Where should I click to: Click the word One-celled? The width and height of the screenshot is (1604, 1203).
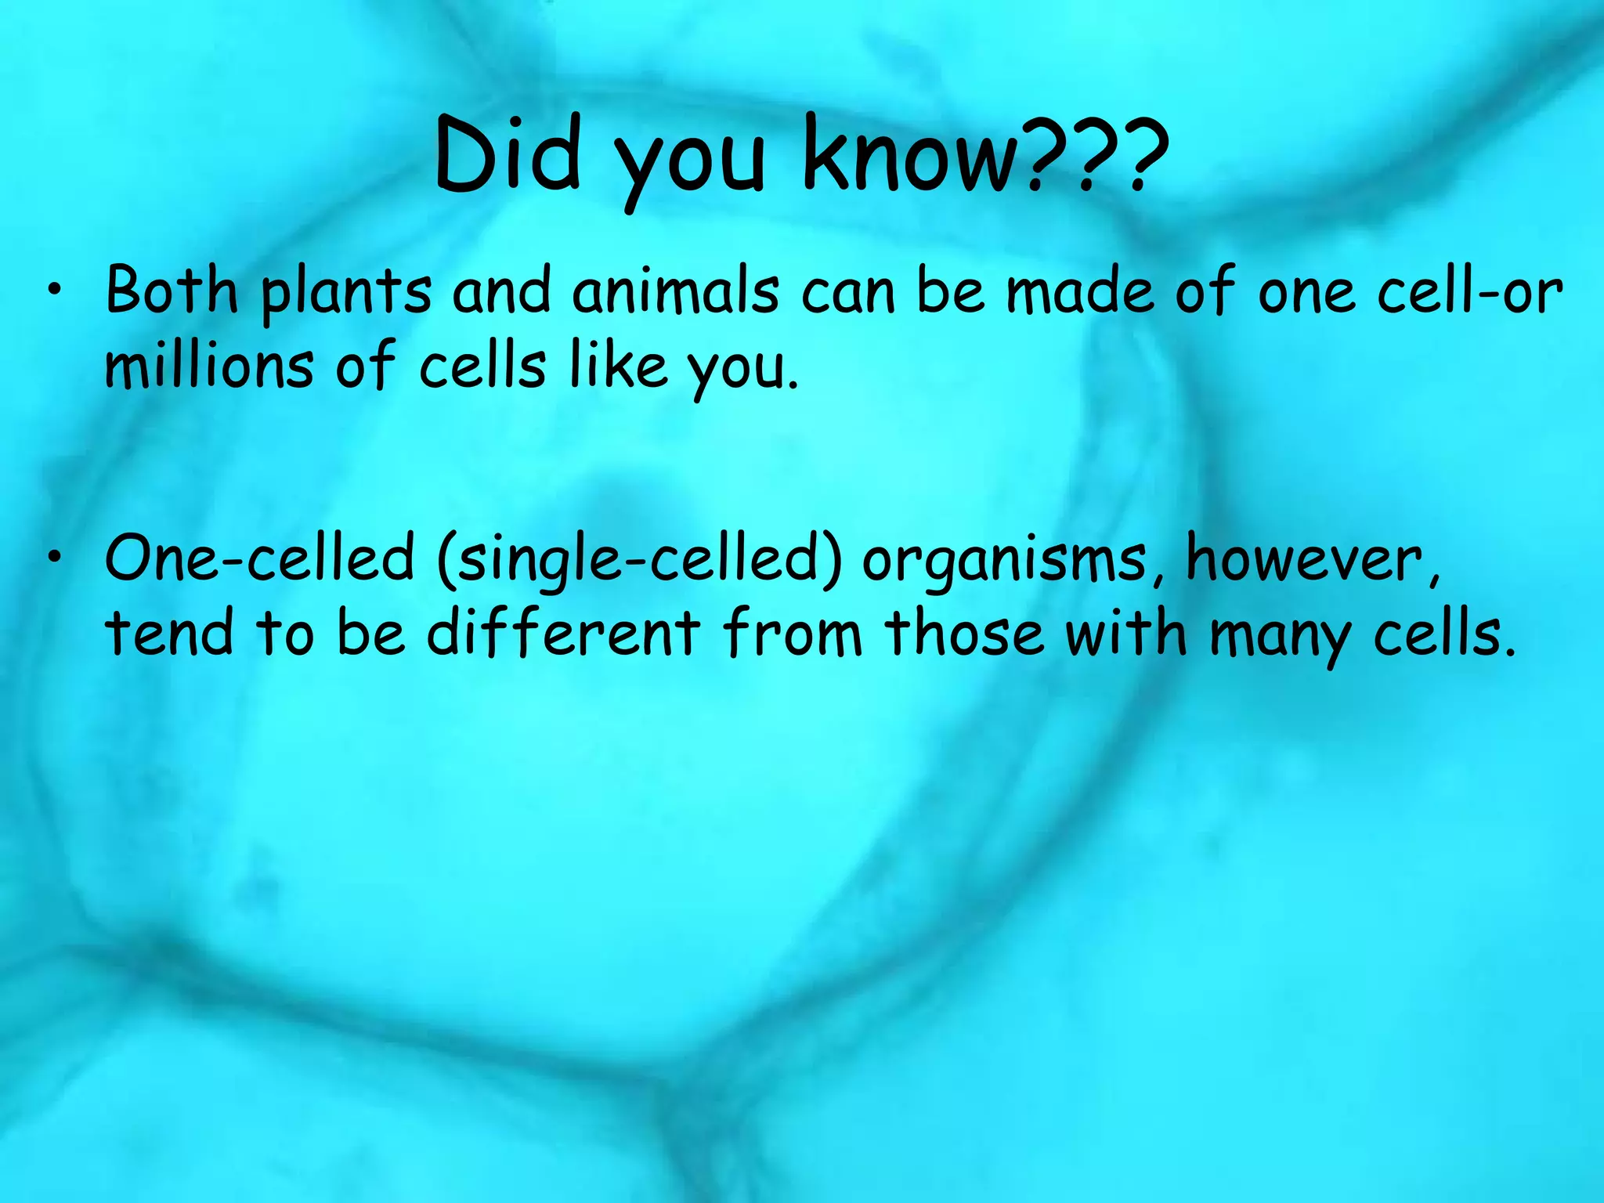pos(259,558)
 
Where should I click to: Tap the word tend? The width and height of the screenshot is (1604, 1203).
pos(169,633)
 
